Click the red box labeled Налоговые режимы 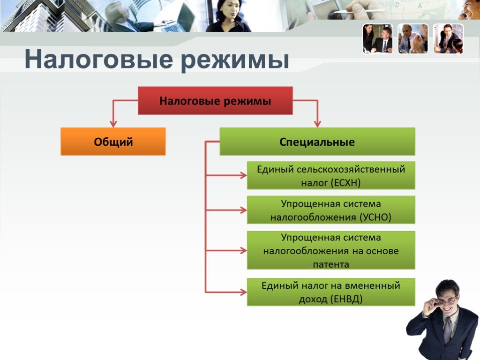215,101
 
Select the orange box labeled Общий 113,142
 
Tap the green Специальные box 317,142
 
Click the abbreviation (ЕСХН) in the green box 346,183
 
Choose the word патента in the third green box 331,264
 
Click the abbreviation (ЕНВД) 346,299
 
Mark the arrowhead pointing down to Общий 113,124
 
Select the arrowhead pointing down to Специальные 317,124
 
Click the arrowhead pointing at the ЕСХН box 243,175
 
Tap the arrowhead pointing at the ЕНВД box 243,292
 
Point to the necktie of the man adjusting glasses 447,328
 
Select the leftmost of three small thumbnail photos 378,39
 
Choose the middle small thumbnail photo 413,39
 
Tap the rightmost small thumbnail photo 449,39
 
